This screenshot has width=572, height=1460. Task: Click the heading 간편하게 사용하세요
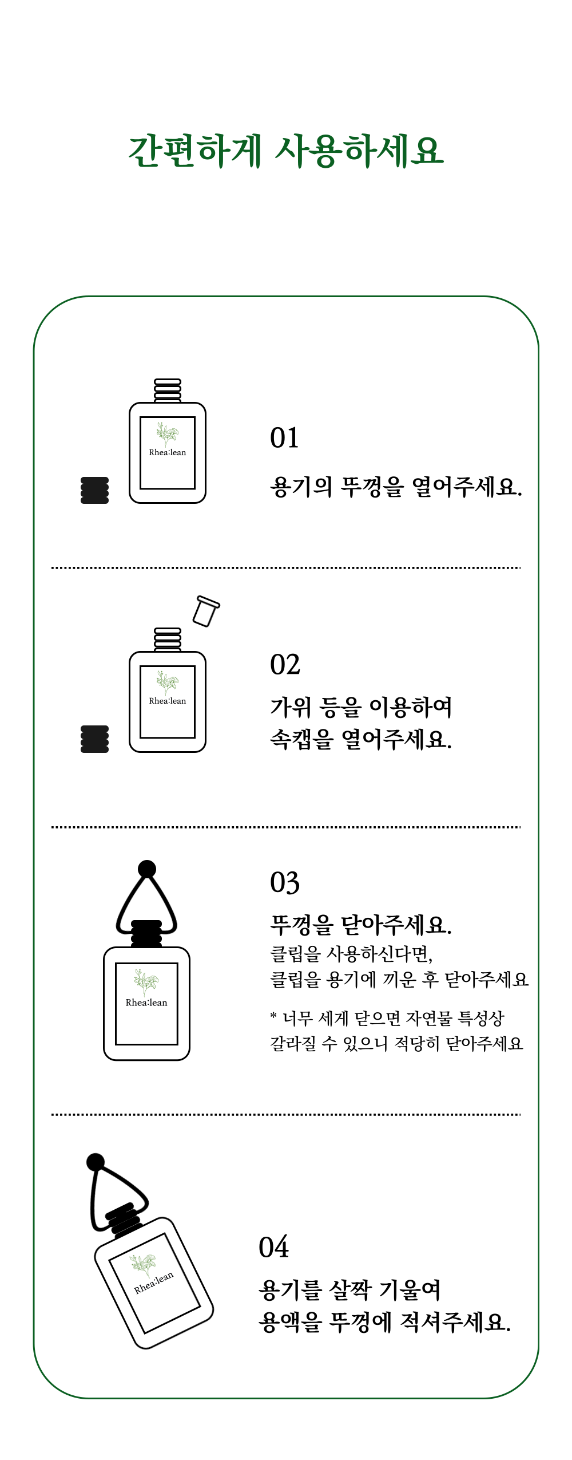pyautogui.click(x=286, y=151)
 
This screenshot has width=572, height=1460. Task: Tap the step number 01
pyautogui.click(x=284, y=438)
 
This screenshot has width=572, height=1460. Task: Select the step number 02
pyautogui.click(x=285, y=665)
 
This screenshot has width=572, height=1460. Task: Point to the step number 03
pyautogui.click(x=285, y=883)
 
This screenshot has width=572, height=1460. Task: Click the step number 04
pyautogui.click(x=273, y=1247)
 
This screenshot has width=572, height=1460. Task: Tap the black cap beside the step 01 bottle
pyautogui.click(x=95, y=490)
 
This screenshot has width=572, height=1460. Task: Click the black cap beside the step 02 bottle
pyautogui.click(x=95, y=739)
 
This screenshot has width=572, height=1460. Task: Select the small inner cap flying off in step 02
pyautogui.click(x=206, y=611)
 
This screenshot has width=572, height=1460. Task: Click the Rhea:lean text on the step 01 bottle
pyautogui.click(x=168, y=452)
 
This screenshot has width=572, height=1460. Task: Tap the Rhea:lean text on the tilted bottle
pyautogui.click(x=154, y=1283)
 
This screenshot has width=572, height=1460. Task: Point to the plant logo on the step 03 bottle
pyautogui.click(x=146, y=982)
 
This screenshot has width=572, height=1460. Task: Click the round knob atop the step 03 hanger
pyautogui.click(x=147, y=869)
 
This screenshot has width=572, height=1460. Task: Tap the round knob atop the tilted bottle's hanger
pyautogui.click(x=96, y=1162)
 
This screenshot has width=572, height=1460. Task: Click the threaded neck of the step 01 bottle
pyautogui.click(x=168, y=390)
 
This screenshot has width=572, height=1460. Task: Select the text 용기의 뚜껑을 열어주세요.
pyautogui.click(x=396, y=487)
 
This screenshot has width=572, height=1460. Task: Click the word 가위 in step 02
pyautogui.click(x=290, y=707)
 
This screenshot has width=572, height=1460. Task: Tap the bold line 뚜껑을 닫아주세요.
pyautogui.click(x=361, y=924)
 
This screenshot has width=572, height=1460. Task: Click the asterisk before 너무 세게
pyautogui.click(x=273, y=1016)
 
